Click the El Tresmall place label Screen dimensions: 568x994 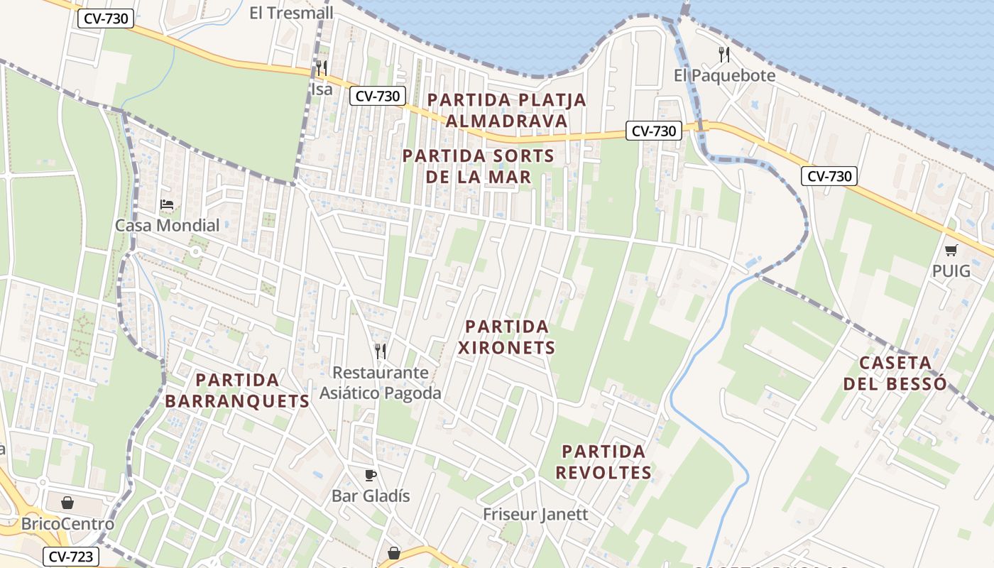tap(291, 13)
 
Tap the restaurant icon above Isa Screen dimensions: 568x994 tap(322, 68)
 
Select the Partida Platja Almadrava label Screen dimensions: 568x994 tap(507, 110)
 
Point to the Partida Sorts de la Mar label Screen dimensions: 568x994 tap(478, 165)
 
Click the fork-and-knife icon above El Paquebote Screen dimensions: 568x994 tap(723, 54)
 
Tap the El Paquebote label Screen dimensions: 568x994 tap(724, 75)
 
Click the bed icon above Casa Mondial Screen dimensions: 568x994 tap(167, 204)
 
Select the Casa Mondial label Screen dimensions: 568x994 tap(168, 226)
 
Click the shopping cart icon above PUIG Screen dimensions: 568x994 tap(951, 250)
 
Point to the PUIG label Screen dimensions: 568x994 tap(951, 271)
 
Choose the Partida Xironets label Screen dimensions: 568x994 tap(506, 337)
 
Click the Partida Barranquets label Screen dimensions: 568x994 tap(237, 390)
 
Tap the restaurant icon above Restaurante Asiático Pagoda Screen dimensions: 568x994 tap(381, 351)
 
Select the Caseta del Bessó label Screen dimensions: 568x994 tap(895, 373)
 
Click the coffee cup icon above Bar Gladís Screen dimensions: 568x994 tap(370, 475)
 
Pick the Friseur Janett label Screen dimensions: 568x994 tap(535, 514)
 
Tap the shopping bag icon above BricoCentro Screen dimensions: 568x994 tap(67, 503)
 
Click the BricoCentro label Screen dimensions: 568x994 tap(67, 525)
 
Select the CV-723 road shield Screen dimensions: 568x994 tap(70, 557)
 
